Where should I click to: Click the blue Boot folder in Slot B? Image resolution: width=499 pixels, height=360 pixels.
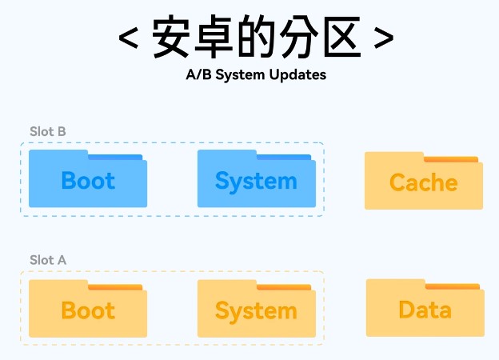click(x=88, y=180)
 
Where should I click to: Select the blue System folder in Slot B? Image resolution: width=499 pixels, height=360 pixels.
click(x=256, y=180)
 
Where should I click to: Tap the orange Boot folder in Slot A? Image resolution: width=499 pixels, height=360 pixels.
click(x=88, y=310)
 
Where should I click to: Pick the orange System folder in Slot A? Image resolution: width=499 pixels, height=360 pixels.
click(x=256, y=310)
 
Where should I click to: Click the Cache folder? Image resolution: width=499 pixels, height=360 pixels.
click(x=424, y=182)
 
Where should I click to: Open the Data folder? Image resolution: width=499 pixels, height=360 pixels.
click(x=425, y=310)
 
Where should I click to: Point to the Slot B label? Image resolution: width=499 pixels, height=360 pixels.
click(x=48, y=131)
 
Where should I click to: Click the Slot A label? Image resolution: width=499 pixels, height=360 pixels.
click(x=48, y=260)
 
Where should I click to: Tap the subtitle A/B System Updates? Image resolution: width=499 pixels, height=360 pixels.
click(x=255, y=75)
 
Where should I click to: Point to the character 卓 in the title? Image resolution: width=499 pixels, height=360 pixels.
click(x=215, y=38)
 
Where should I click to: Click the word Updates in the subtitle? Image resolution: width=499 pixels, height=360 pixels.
click(x=301, y=75)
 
